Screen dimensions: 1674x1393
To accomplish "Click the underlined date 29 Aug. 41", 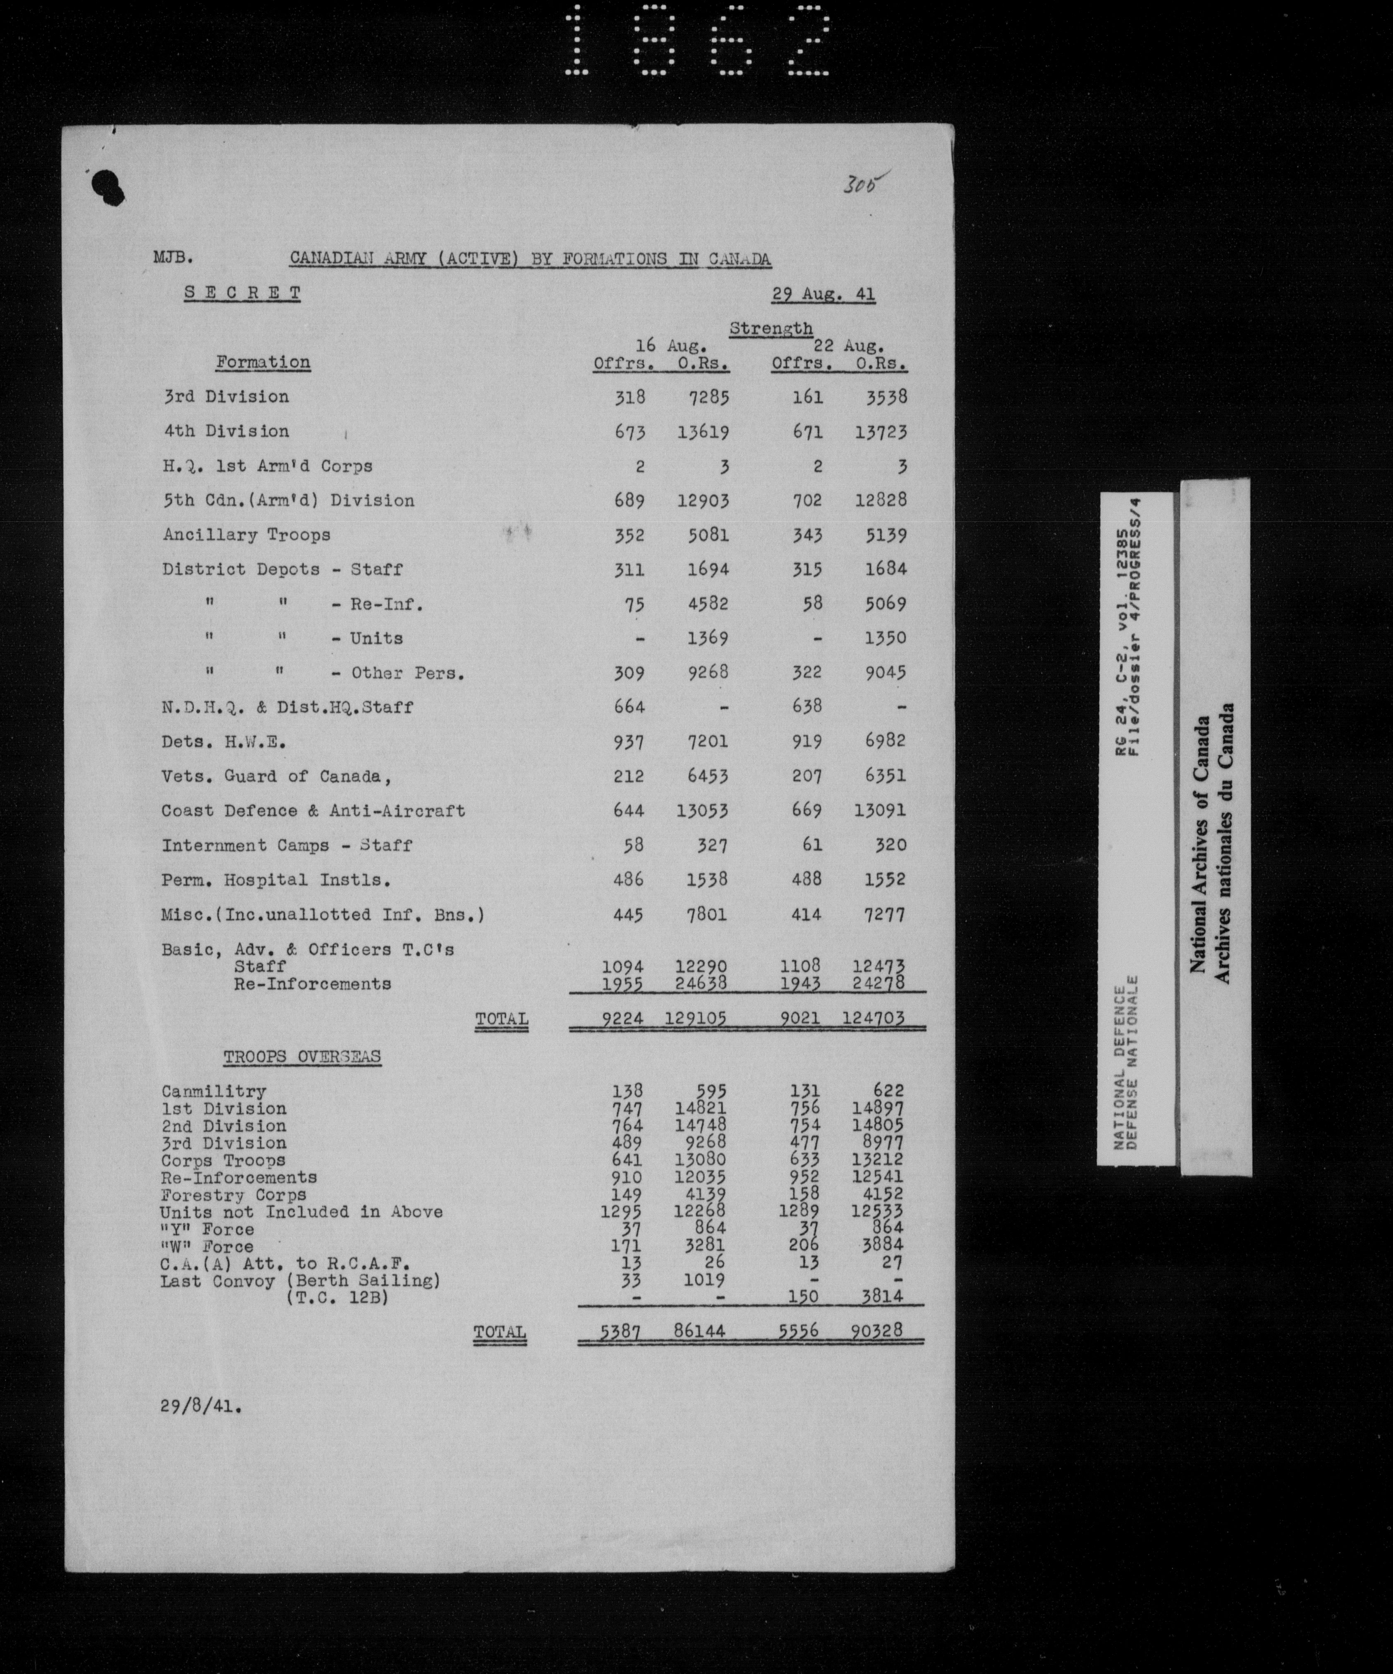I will pyautogui.click(x=823, y=294).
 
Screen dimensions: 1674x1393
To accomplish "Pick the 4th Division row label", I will pyautogui.click(x=226, y=431).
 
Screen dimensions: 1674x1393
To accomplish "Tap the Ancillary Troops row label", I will pyautogui.click(x=247, y=535).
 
